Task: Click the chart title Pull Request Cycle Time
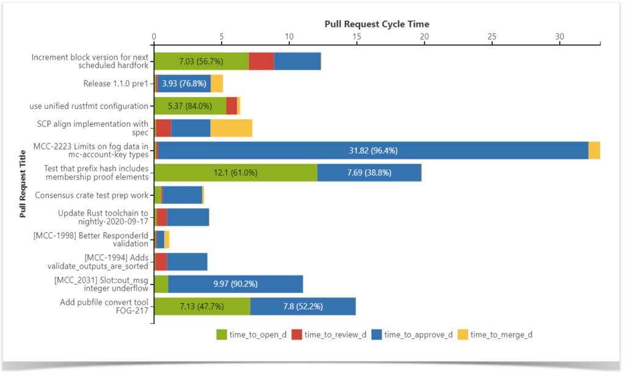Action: click(x=377, y=24)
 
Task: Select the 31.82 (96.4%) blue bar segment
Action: click(x=373, y=150)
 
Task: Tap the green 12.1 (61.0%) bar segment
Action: click(x=235, y=173)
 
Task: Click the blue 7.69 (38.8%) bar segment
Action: click(x=369, y=173)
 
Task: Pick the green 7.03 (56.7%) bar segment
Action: click(x=201, y=62)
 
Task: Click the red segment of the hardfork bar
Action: click(x=261, y=62)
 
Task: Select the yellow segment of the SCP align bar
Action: click(x=231, y=128)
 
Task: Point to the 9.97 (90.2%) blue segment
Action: click(x=235, y=284)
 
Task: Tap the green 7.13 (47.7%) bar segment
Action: click(x=202, y=306)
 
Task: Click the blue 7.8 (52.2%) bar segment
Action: click(x=303, y=306)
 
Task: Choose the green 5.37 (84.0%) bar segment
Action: click(x=190, y=106)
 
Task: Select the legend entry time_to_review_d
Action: click(x=330, y=334)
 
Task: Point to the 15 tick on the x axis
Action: click(x=356, y=37)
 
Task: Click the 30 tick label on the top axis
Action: click(x=559, y=37)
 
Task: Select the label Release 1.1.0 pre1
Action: click(x=116, y=84)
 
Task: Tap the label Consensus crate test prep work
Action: click(x=92, y=195)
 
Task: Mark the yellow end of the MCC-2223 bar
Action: click(x=594, y=150)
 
